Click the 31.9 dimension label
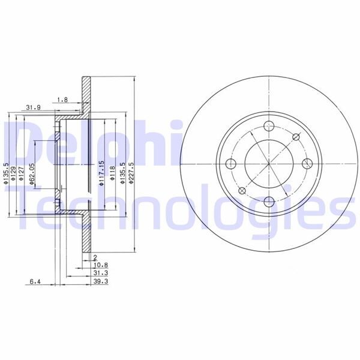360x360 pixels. tap(33, 107)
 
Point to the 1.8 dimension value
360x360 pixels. tap(61, 100)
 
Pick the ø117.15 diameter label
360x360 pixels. tap(102, 173)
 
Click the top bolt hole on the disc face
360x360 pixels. tap(269, 127)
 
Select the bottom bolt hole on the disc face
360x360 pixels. tap(269, 201)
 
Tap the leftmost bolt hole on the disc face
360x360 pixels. tap(232, 164)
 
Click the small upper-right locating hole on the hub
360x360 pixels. tap(295, 137)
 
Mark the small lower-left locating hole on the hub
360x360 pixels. tap(242, 191)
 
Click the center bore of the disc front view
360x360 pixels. tap(269, 164)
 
